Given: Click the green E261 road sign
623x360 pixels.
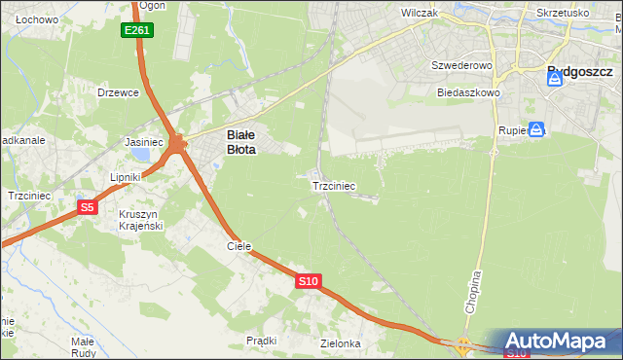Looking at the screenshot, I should (137, 31).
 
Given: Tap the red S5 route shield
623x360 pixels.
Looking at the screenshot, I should (88, 207).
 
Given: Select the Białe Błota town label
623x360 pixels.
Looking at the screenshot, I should (241, 143).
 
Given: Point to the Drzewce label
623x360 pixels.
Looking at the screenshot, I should (119, 92).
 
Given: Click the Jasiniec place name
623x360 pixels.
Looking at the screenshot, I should (143, 142).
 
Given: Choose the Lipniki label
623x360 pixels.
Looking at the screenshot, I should (126, 177).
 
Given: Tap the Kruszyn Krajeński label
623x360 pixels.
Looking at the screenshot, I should (140, 220).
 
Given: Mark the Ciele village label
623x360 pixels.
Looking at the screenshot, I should (239, 247).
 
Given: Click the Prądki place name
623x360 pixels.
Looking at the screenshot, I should (262, 341).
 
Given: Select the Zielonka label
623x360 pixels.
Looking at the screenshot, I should (341, 344).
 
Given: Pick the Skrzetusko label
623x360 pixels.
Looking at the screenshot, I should (563, 14).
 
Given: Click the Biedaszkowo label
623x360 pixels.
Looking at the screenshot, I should (468, 92).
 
